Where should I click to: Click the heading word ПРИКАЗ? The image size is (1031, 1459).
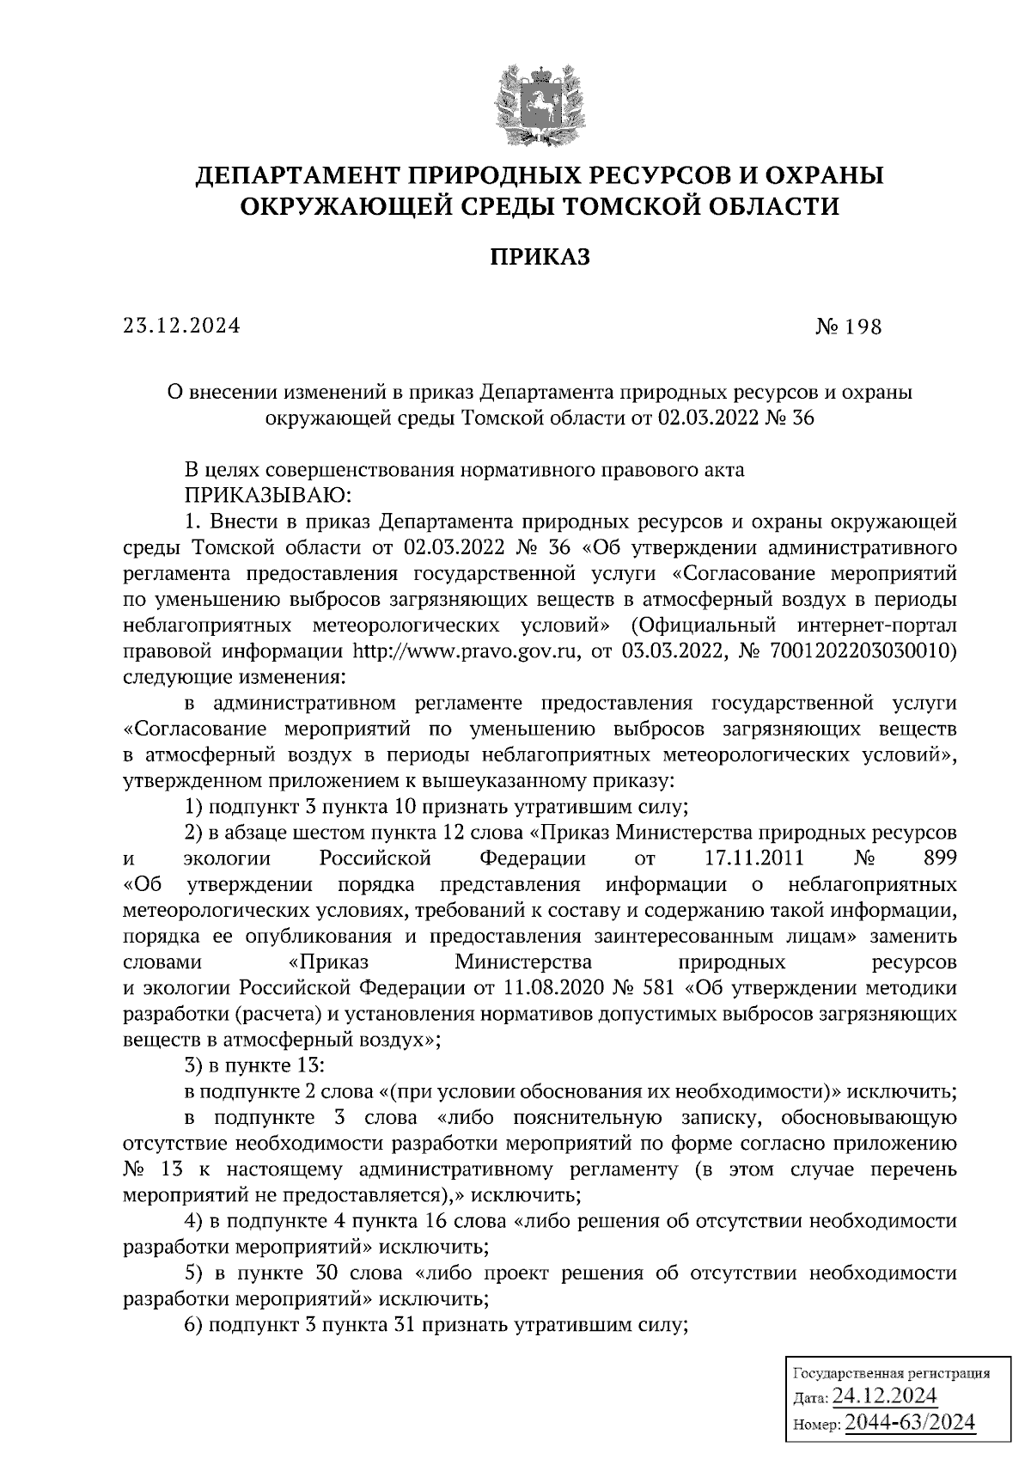[540, 257]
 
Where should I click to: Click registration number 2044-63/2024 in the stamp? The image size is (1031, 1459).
[910, 1423]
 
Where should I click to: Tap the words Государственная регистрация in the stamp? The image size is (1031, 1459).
[890, 1373]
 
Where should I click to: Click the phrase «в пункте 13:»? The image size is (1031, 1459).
[253, 1065]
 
